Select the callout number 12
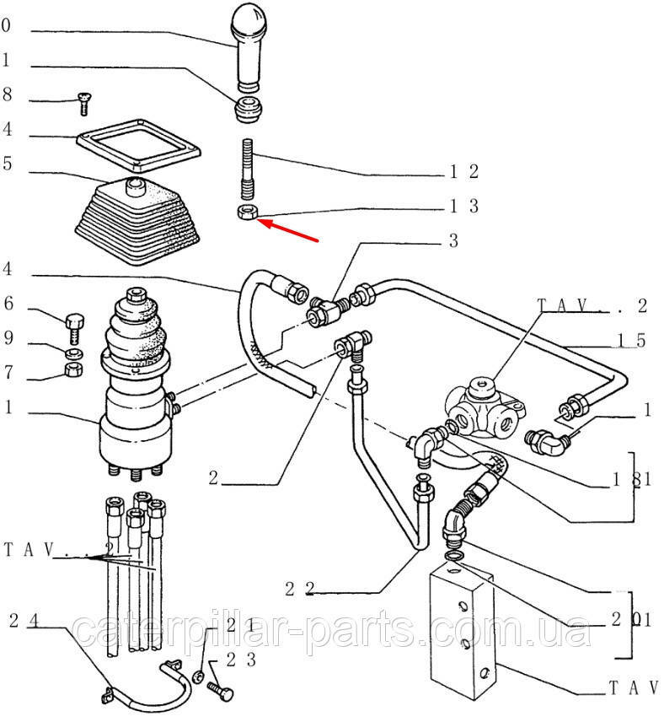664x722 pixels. [463, 172]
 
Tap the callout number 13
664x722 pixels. [463, 206]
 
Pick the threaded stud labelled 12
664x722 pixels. [248, 169]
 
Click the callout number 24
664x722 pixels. [25, 622]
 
